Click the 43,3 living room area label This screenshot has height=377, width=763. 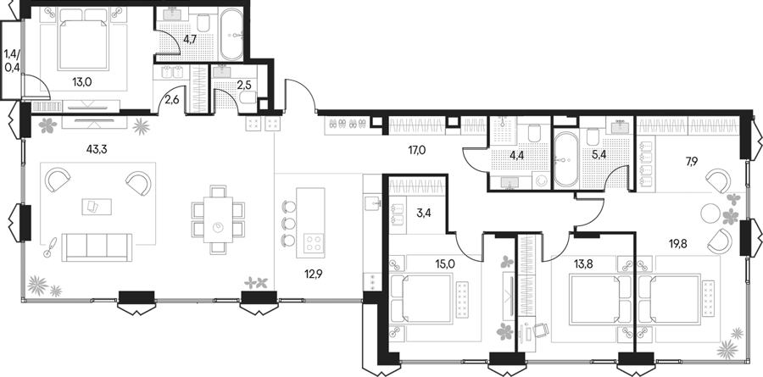[x=97, y=149]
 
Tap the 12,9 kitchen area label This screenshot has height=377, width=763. [x=314, y=274]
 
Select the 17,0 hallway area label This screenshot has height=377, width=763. [x=417, y=150]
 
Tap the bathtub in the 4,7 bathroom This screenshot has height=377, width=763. [x=232, y=34]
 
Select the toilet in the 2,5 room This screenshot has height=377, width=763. [x=248, y=98]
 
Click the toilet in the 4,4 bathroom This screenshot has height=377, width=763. [x=534, y=133]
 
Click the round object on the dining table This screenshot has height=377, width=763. [x=219, y=227]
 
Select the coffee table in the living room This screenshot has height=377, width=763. [x=97, y=207]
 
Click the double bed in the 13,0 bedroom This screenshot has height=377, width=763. [x=83, y=39]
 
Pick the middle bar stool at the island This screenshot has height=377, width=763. [x=288, y=224]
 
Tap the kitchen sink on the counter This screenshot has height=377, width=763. [x=372, y=202]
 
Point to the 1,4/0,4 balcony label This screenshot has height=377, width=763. [x=12, y=60]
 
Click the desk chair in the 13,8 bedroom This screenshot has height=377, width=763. [x=540, y=330]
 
